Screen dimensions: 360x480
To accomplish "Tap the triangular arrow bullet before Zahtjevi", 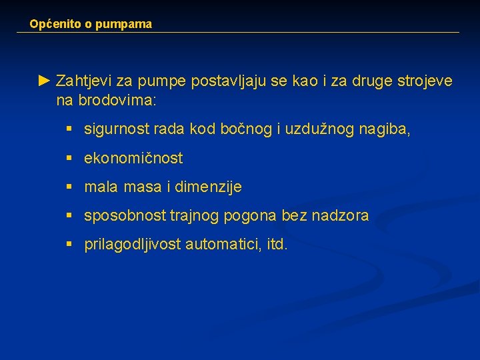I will (x=44, y=81).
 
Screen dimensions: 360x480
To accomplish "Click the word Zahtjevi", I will (x=84, y=81).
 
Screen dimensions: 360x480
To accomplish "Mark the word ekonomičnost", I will (x=133, y=159).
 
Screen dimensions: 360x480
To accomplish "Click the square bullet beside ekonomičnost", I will (x=69, y=159).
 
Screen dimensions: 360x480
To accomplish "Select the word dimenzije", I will (x=208, y=187).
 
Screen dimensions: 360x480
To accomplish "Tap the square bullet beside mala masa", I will (x=69, y=187).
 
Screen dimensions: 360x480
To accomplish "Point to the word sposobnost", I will (x=125, y=216).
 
